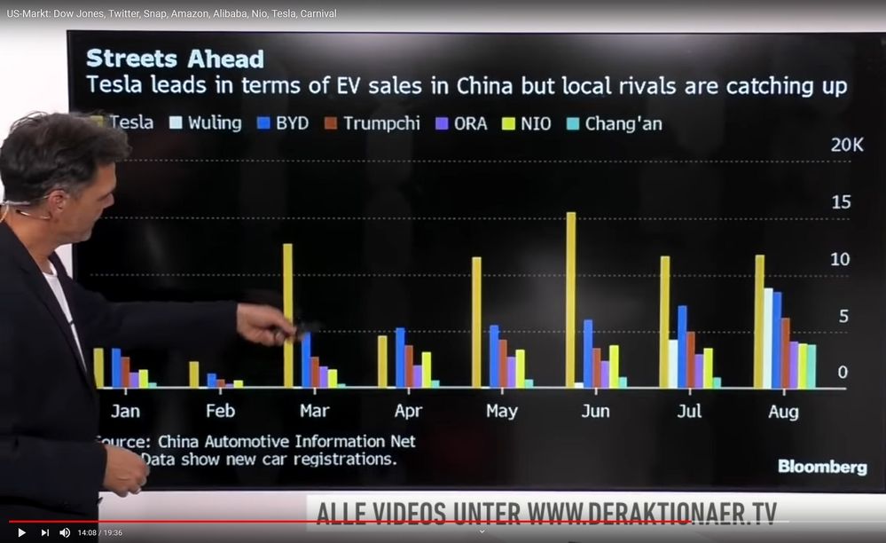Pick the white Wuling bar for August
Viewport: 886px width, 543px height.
(x=768, y=338)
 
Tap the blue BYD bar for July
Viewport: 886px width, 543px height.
(x=682, y=347)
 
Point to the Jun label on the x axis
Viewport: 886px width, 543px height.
(x=595, y=412)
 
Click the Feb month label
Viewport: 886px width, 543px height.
(x=220, y=412)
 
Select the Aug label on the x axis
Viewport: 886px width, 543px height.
(x=783, y=412)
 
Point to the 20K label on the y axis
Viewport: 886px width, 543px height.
(x=846, y=145)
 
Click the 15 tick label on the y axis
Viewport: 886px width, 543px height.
(x=840, y=202)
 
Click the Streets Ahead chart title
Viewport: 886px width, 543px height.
(x=175, y=59)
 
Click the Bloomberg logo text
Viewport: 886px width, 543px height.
(x=822, y=467)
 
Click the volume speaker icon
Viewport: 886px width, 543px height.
(x=65, y=532)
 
